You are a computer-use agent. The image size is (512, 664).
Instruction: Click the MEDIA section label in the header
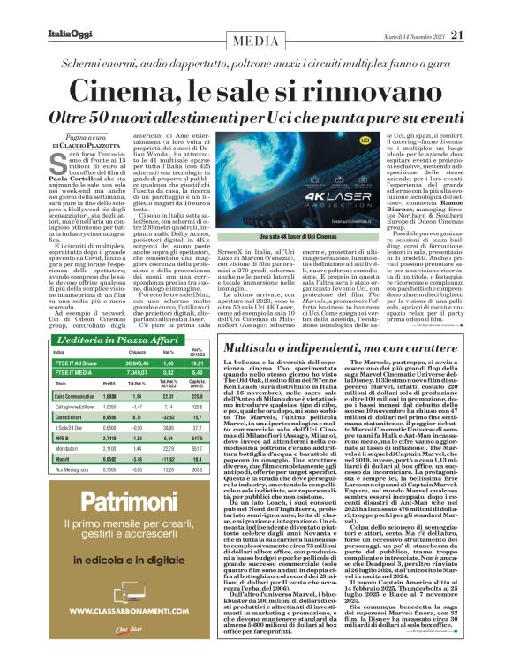[256, 42]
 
